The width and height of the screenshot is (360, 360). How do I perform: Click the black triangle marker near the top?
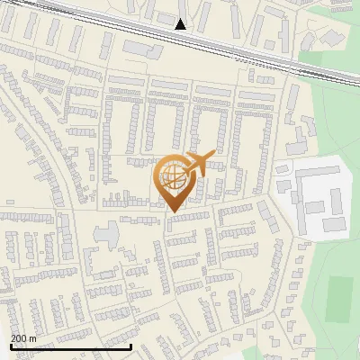(x=181, y=24)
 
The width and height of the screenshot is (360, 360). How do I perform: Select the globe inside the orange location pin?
(x=173, y=178)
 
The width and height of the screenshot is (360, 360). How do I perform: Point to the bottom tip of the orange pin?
(x=172, y=211)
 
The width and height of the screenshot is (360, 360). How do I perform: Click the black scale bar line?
(x=71, y=346)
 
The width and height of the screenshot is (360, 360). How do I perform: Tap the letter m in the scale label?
(x=34, y=338)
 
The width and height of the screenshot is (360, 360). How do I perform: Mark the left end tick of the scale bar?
(x=11, y=346)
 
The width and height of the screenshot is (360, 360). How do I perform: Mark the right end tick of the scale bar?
(x=131, y=346)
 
